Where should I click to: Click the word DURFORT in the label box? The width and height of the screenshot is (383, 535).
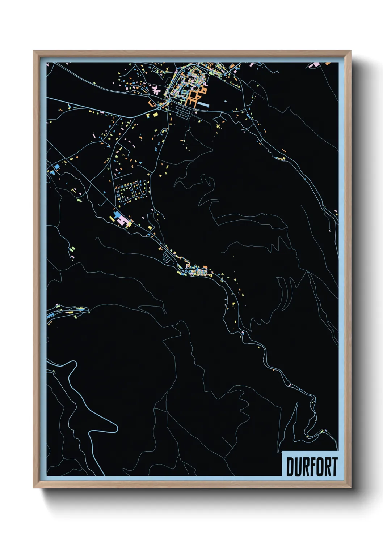pos(312,467)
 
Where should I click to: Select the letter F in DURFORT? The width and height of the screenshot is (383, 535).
pos(312,467)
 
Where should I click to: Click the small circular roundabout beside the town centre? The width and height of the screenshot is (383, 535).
pos(159,108)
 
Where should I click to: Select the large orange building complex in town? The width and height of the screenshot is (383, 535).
pos(194,96)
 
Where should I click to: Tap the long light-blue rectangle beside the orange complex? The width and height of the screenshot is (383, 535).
pos(203,105)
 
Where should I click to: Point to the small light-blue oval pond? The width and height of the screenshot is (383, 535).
pos(226,102)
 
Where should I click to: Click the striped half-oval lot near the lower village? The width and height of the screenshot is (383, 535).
pos(167,257)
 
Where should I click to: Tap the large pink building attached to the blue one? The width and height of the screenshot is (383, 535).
pos(122,220)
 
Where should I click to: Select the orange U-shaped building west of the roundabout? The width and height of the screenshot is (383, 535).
pos(151,103)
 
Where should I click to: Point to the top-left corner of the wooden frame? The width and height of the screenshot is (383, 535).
pos(34,51)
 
